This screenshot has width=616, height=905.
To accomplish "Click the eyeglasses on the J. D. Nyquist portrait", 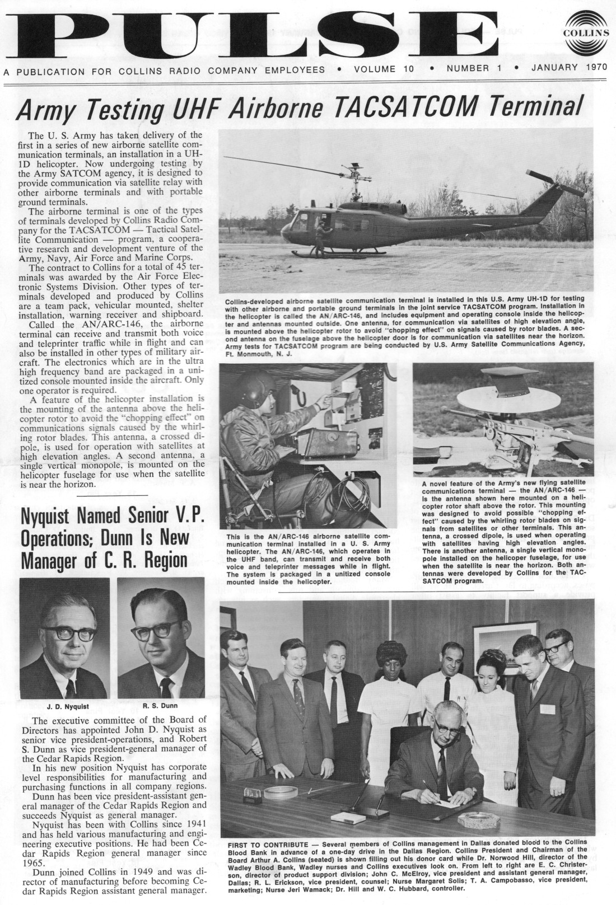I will (x=68, y=634).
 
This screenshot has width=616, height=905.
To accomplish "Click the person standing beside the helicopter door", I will (x=320, y=235).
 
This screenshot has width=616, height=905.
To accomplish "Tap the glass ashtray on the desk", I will (x=478, y=819).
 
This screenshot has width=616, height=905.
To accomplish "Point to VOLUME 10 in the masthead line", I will (x=384, y=69).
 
